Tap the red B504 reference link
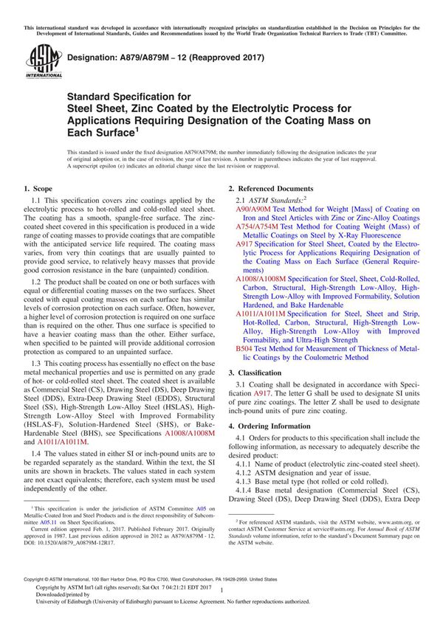pyautogui.click(x=244, y=347)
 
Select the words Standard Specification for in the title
pyautogui.click(x=129, y=96)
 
